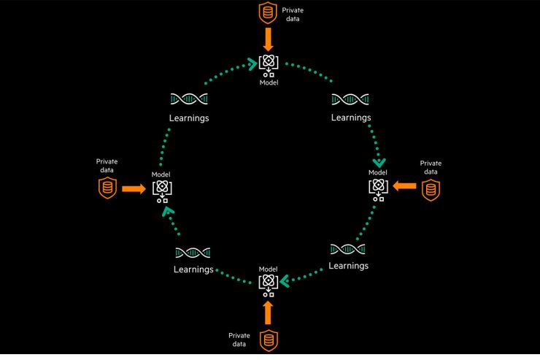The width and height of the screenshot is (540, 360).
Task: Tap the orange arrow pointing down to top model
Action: tap(269, 38)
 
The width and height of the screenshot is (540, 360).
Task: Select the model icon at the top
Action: tap(269, 66)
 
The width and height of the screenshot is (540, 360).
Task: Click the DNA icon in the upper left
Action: tap(188, 99)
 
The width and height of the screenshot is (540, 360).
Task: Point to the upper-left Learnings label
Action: tap(188, 118)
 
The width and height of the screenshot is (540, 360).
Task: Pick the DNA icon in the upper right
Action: tap(350, 99)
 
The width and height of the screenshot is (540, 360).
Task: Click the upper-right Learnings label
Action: tap(351, 117)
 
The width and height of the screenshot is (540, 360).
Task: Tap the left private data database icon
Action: tap(108, 188)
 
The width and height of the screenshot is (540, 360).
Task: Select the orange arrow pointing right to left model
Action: tap(134, 188)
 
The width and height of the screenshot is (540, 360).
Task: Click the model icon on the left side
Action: tap(161, 190)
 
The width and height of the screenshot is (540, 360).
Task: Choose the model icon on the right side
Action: tap(378, 188)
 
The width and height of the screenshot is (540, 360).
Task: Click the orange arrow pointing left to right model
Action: tap(405, 187)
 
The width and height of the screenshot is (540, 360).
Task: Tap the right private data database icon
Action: tap(431, 190)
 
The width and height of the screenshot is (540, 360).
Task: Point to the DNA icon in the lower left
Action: tap(193, 253)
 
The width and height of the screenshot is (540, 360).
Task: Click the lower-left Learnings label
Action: tap(193, 269)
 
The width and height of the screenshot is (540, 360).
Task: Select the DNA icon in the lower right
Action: tap(348, 249)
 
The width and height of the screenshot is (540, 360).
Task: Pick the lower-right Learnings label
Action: tap(349, 266)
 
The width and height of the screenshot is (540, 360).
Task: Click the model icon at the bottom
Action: tap(269, 283)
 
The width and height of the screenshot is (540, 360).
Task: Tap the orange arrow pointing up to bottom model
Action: tap(268, 312)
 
